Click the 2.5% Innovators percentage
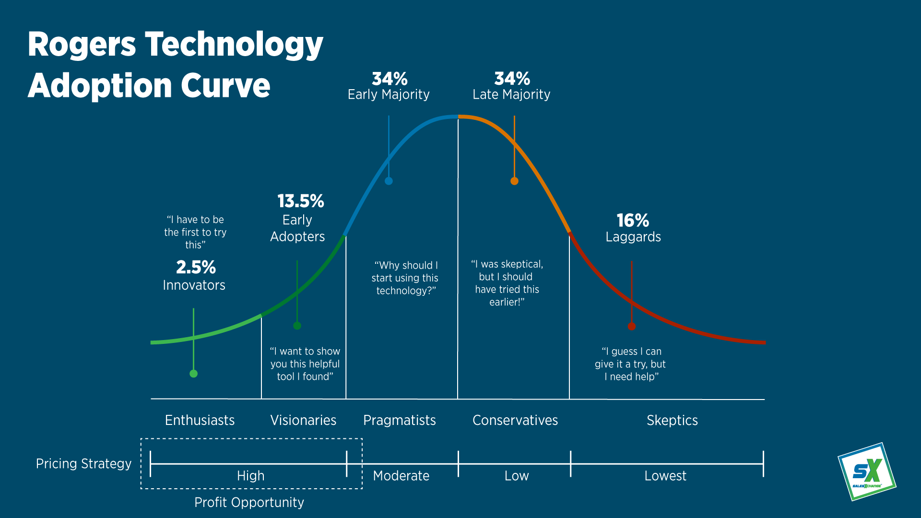click(x=196, y=267)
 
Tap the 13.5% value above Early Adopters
click(x=301, y=201)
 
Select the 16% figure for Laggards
click(x=633, y=221)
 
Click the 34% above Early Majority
click(x=390, y=79)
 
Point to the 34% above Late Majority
click(x=512, y=79)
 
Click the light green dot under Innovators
click(x=194, y=374)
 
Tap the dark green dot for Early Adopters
click(x=297, y=326)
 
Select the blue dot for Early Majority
click(x=389, y=181)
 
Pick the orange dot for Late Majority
click(x=514, y=181)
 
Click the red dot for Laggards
click(x=632, y=327)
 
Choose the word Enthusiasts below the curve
click(x=200, y=420)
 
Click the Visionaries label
click(x=303, y=420)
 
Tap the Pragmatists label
click(x=400, y=420)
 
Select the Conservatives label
click(x=515, y=420)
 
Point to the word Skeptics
click(x=672, y=420)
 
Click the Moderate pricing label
click(x=401, y=476)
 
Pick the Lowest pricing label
click(x=665, y=476)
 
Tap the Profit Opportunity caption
click(x=249, y=502)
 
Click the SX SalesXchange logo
click(x=867, y=472)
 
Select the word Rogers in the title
click(x=82, y=45)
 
